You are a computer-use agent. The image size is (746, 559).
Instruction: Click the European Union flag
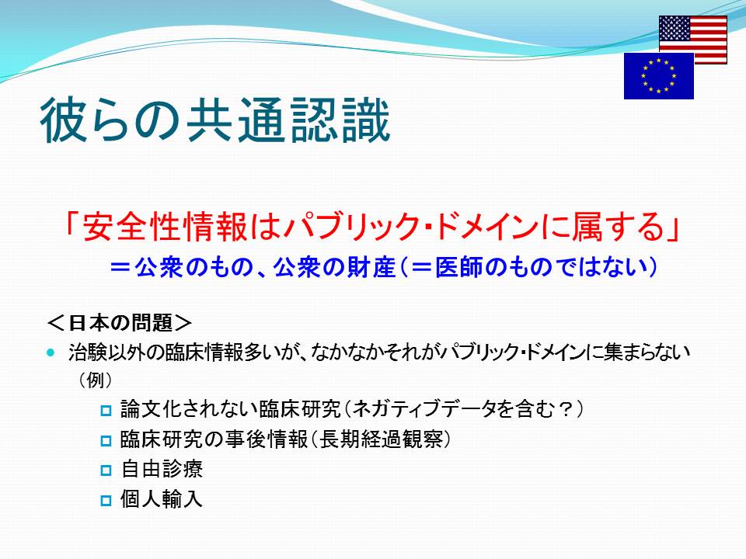(658, 76)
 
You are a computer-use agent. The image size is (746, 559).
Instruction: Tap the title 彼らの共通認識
(215, 120)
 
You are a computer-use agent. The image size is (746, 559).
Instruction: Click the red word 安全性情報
(165, 227)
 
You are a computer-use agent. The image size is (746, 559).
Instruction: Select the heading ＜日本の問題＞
(119, 323)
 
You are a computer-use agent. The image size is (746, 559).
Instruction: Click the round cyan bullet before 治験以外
(51, 353)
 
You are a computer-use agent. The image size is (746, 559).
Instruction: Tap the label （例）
(96, 380)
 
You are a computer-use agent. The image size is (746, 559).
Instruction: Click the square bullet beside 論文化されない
(106, 410)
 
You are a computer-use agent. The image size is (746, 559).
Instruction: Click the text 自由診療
(162, 469)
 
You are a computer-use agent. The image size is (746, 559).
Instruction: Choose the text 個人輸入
(162, 499)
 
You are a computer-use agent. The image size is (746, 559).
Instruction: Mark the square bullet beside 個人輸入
(106, 501)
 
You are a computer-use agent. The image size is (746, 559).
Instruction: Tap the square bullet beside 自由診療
(106, 470)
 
